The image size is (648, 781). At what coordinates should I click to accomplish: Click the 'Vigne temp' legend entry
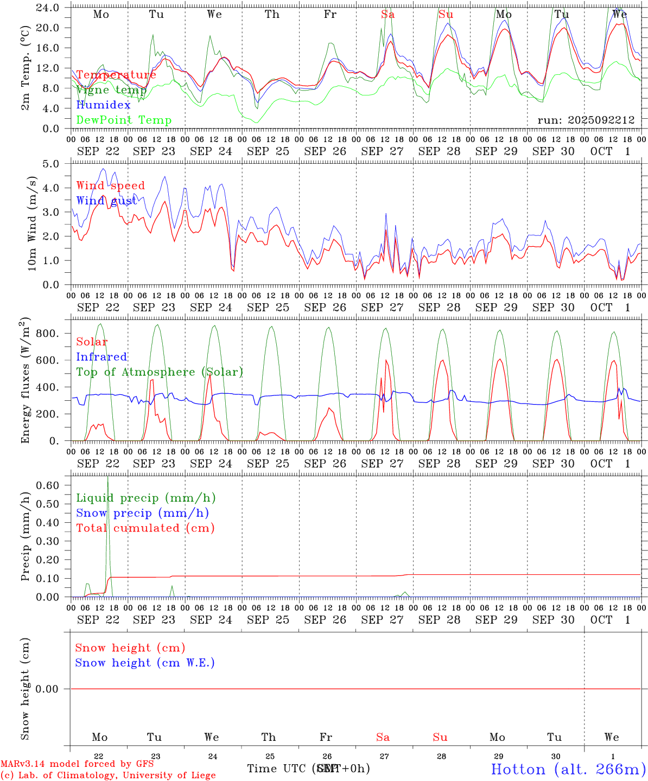[111, 90]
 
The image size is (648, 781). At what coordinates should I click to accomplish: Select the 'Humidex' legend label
[103, 105]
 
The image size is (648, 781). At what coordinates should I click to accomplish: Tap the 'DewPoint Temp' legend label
[124, 120]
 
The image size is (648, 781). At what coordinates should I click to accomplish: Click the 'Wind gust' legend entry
[106, 201]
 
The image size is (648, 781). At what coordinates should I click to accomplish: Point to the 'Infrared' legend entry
[101, 357]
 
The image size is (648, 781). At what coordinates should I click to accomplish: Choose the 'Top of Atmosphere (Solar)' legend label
[159, 372]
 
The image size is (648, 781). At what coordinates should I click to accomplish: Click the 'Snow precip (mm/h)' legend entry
[142, 513]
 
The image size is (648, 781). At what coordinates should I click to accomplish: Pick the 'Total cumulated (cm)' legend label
[145, 528]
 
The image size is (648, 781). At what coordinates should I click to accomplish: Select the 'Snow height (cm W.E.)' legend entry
[144, 663]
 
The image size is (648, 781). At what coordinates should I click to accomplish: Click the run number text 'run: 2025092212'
[586, 120]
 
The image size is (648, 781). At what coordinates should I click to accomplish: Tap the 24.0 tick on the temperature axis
[48, 8]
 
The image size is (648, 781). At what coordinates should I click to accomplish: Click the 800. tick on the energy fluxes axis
[47, 334]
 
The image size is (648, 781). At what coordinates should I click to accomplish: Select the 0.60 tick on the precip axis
[48, 485]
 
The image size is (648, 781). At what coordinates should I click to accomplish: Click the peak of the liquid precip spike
[107, 477]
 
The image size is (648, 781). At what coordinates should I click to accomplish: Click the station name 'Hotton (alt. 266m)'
[568, 769]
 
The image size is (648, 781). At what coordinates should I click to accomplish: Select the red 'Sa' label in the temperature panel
[387, 15]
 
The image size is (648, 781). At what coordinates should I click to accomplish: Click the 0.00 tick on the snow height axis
[47, 689]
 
